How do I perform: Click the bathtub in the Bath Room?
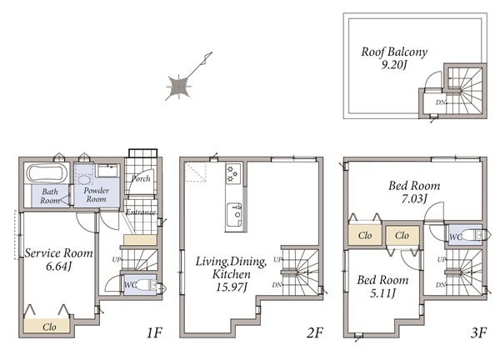[x=47, y=173]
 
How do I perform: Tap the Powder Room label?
[x=97, y=194]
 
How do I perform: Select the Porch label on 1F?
[x=141, y=178]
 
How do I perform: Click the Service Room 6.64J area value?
[x=59, y=266]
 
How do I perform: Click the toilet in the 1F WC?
[x=147, y=285]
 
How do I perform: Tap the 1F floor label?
[x=154, y=332]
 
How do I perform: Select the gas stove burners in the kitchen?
[x=232, y=173]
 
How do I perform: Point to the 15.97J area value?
[x=232, y=287]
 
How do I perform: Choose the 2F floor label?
[x=315, y=332]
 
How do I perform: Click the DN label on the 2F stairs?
[x=277, y=285]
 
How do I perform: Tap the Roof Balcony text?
[x=394, y=52]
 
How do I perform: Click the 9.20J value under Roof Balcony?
[x=394, y=65]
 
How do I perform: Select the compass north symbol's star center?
[x=178, y=86]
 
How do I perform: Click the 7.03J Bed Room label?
[x=414, y=198]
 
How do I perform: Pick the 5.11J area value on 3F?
[x=382, y=293]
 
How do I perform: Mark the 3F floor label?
[x=478, y=332]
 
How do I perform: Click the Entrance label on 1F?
[x=141, y=212]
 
